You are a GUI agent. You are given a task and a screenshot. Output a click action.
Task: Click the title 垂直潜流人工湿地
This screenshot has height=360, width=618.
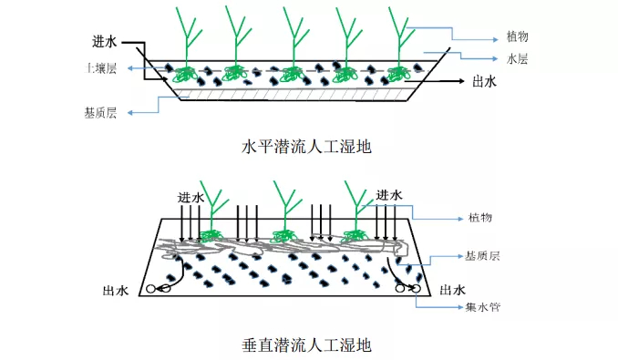coord(307,345)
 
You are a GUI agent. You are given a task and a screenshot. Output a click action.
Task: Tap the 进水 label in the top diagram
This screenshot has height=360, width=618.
coord(105,42)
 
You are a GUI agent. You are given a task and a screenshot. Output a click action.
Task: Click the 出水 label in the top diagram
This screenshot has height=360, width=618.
coord(486,81)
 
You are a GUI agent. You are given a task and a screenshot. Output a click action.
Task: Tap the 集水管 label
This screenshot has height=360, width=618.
coord(479,308)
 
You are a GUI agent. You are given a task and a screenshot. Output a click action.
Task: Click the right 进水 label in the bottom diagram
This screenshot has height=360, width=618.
coord(389,194)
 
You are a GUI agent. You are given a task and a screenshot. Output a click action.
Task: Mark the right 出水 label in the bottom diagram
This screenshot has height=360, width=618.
coord(453,292)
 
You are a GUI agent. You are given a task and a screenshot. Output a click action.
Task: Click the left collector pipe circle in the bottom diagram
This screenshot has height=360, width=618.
coord(150,291)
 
